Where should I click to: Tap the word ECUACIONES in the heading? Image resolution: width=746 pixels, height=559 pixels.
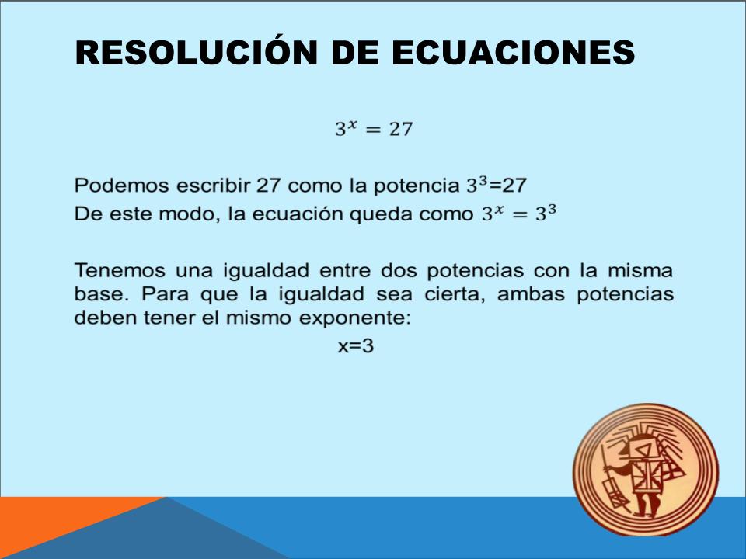click(513, 52)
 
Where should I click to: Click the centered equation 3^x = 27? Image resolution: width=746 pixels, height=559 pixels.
click(374, 128)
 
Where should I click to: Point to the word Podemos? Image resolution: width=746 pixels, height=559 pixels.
click(122, 186)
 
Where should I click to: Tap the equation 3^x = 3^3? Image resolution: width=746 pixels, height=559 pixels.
click(519, 214)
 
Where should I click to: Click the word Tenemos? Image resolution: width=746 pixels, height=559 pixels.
click(120, 270)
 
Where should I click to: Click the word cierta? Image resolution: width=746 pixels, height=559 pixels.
click(454, 294)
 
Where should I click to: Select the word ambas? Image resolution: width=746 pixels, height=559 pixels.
click(531, 294)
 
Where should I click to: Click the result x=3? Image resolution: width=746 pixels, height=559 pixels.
click(356, 346)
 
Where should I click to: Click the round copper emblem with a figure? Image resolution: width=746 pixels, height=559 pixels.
click(646, 470)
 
